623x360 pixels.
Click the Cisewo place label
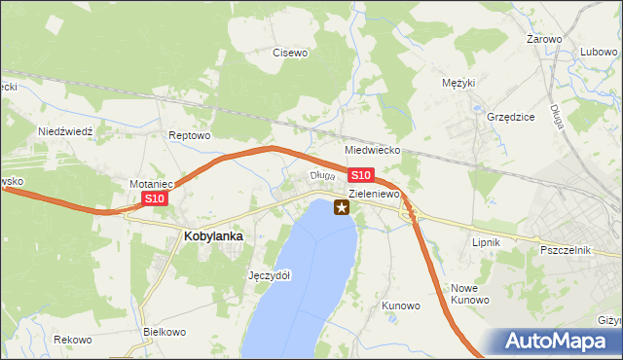tap(290, 53)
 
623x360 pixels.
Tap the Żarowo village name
tap(544, 39)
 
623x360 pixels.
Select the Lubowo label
tap(599, 52)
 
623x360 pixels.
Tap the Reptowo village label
tap(190, 135)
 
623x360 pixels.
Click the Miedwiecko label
tap(374, 152)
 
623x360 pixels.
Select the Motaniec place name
tap(151, 183)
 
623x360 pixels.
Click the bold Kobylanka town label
tap(213, 235)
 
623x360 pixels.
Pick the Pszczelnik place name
tap(566, 250)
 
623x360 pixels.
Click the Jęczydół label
tap(270, 275)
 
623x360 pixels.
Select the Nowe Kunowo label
tap(469, 294)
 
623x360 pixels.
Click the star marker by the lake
tap(342, 206)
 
